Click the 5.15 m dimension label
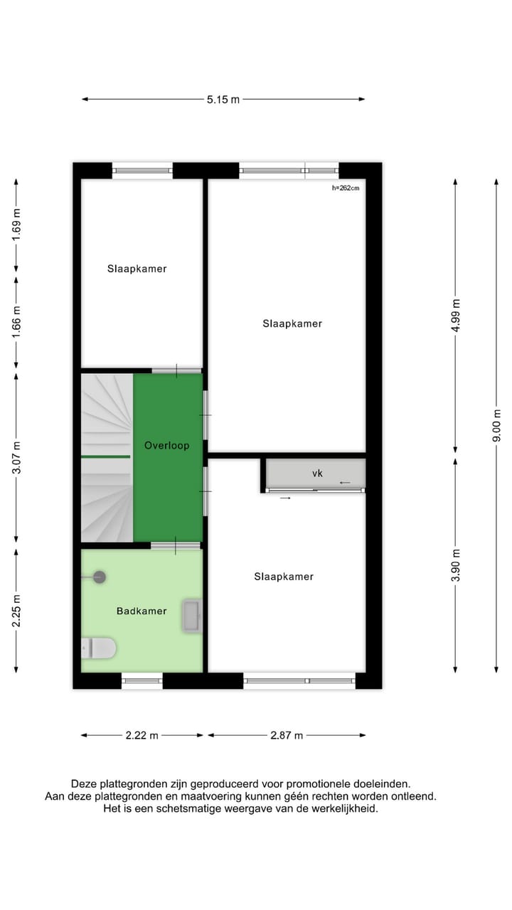tap(223, 100)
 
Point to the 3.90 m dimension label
tap(456, 566)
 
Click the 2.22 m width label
tap(141, 735)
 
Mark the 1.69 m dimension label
tap(16, 226)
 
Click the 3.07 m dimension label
tap(16, 457)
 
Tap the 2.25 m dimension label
tap(16, 611)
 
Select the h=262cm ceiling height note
tap(346, 188)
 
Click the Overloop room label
tap(167, 446)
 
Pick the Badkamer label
tap(142, 611)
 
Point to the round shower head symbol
tap(99, 577)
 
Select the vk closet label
tap(317, 473)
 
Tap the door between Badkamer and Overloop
tap(176, 545)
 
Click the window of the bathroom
tap(142, 681)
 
